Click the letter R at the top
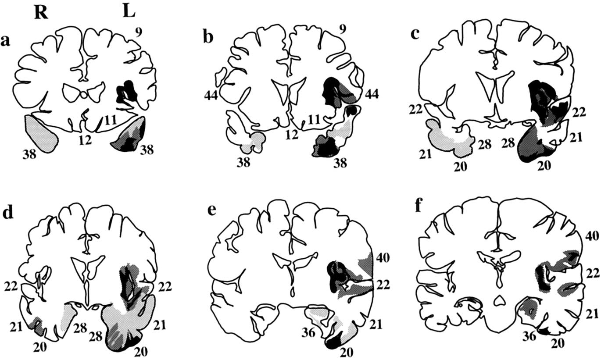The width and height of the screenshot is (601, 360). [41, 14]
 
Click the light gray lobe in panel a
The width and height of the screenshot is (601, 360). [42, 132]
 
